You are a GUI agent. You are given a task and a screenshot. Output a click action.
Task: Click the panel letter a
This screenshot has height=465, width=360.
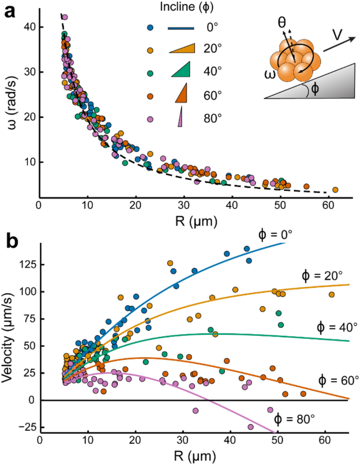[9, 11]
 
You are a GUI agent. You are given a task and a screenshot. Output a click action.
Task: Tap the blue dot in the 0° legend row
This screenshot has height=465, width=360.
[150, 27]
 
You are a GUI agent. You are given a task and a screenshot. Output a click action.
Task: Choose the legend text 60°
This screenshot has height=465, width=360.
[212, 96]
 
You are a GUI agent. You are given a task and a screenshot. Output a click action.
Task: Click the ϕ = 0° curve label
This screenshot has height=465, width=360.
[279, 235]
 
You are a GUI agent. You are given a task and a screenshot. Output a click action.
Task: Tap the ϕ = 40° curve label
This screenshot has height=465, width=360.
[336, 327]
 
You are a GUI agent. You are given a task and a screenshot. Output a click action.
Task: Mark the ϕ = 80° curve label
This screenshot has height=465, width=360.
[294, 419]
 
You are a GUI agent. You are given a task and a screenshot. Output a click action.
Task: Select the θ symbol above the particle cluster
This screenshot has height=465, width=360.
[283, 23]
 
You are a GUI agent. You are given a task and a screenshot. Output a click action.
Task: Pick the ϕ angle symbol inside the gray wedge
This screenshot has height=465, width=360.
[314, 89]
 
